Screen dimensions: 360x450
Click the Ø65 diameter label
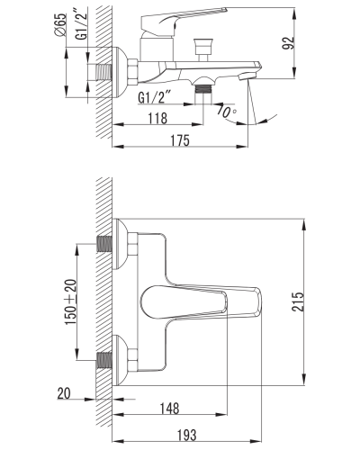click(60, 25)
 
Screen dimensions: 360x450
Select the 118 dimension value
click(157, 118)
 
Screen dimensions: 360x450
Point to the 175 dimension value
click(180, 140)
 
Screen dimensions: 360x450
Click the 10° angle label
click(226, 112)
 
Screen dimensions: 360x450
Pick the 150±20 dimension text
click(71, 301)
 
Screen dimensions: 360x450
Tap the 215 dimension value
click(298, 301)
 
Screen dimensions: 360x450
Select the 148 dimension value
click(169, 409)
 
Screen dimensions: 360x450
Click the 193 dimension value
click(186, 435)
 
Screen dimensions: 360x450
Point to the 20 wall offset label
click(64, 393)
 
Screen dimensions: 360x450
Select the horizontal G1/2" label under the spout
click(154, 98)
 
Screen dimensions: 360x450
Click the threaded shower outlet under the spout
click(203, 89)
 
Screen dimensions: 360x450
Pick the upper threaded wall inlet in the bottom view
click(104, 244)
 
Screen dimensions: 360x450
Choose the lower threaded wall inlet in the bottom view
click(104, 360)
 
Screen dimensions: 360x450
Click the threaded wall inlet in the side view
click(103, 72)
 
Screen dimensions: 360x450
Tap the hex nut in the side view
click(133, 72)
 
